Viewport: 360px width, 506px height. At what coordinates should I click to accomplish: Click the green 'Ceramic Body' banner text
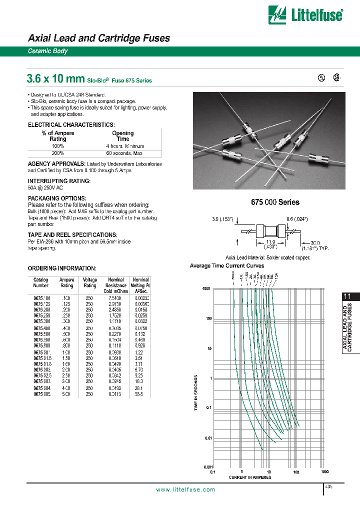click(x=47, y=51)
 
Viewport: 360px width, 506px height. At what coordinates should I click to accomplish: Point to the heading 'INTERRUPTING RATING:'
click(x=59, y=180)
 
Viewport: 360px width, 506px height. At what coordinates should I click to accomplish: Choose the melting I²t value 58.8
click(x=139, y=394)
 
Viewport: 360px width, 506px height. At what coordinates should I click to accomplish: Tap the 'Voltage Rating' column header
click(x=90, y=282)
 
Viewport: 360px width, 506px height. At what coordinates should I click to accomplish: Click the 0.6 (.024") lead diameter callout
click(x=297, y=218)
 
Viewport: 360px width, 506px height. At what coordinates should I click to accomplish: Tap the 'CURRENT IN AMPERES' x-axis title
click(x=249, y=477)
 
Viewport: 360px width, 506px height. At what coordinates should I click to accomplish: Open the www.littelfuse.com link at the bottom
click(x=185, y=489)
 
